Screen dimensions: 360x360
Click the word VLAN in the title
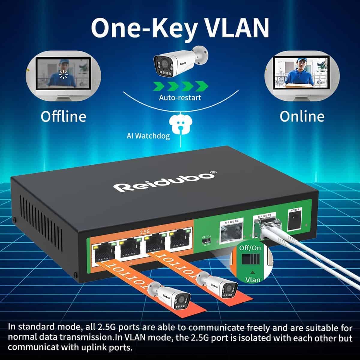[x=234, y=28]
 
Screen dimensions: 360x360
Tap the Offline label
[x=63, y=116]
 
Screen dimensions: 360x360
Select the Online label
[x=302, y=116]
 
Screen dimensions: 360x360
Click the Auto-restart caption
[x=180, y=97]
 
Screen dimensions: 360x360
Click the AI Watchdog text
[x=148, y=136]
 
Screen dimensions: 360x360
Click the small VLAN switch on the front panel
[x=206, y=241]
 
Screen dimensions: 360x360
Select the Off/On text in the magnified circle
[x=250, y=248]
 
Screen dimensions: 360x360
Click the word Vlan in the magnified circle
[x=253, y=280]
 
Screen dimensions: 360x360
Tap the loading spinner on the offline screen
[x=63, y=74]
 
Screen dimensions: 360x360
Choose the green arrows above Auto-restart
[x=180, y=86]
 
